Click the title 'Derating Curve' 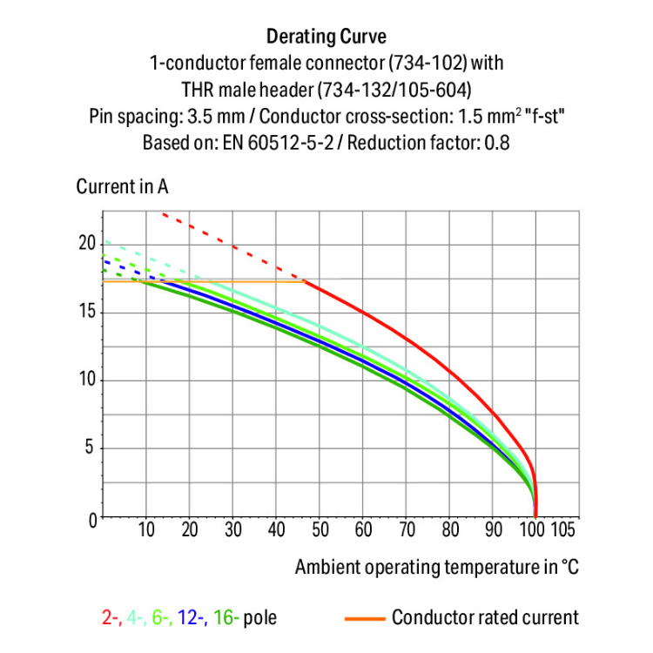point(326,37)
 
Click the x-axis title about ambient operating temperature point(436,568)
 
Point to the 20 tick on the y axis point(85,243)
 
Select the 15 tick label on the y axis point(85,312)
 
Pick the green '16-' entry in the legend point(225,618)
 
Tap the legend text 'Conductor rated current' point(485,618)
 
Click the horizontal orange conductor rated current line point(218,281)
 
